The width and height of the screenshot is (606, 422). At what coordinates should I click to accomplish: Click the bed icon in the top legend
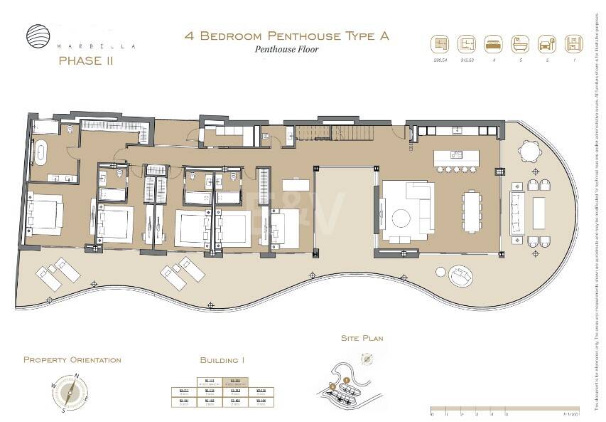493,44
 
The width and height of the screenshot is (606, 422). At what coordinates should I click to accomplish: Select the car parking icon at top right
546,44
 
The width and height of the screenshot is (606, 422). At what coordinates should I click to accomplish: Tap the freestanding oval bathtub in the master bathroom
41,152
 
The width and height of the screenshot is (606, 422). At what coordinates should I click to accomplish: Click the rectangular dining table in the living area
471,211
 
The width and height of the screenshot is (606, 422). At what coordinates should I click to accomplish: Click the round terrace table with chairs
530,151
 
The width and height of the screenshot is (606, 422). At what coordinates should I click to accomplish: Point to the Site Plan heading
362,338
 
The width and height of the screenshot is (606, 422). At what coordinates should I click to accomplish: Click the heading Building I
222,361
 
